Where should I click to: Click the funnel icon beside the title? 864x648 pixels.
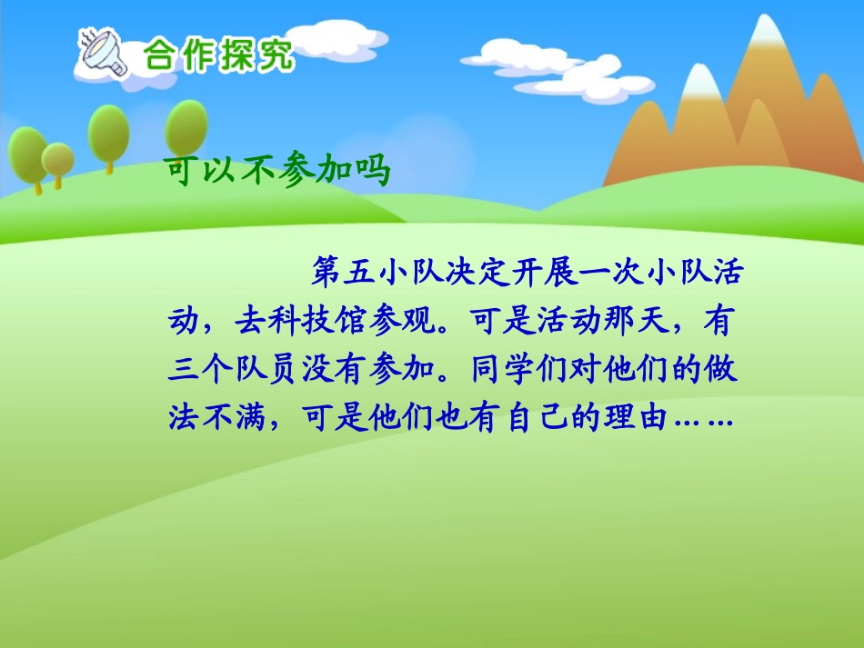point(102,53)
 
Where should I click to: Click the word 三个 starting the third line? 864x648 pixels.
point(202,369)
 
